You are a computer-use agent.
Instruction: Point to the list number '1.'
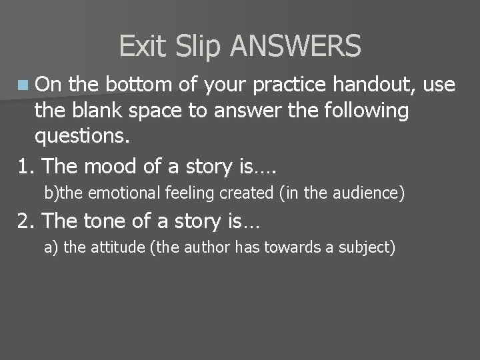(26, 165)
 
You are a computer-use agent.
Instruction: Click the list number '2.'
(26, 220)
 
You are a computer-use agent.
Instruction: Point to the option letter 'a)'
(51, 249)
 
